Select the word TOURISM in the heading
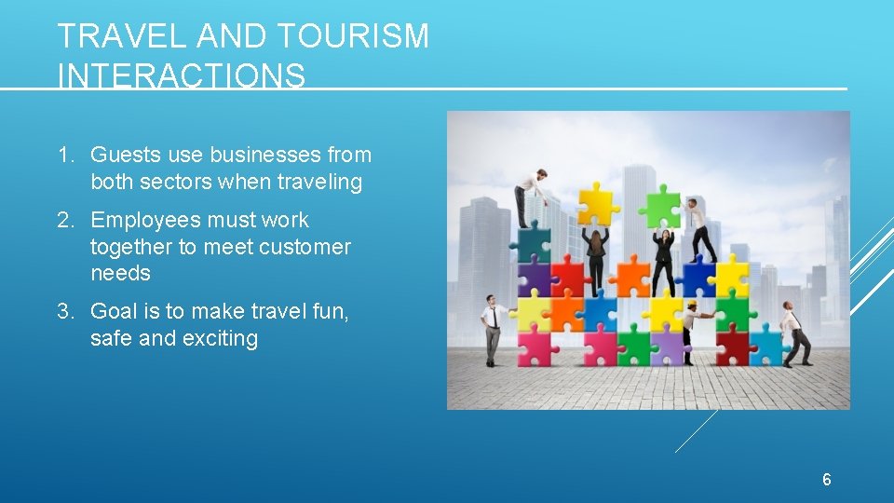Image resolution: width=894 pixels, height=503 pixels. (x=351, y=36)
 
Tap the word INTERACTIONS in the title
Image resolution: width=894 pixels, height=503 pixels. (x=181, y=75)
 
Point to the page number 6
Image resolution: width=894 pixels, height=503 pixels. (x=826, y=480)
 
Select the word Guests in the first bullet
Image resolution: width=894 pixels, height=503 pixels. (x=122, y=155)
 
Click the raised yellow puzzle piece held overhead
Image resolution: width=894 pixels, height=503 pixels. (x=598, y=203)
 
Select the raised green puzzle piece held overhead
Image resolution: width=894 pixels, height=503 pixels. (x=662, y=204)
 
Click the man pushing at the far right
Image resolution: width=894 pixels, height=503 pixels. (x=794, y=333)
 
